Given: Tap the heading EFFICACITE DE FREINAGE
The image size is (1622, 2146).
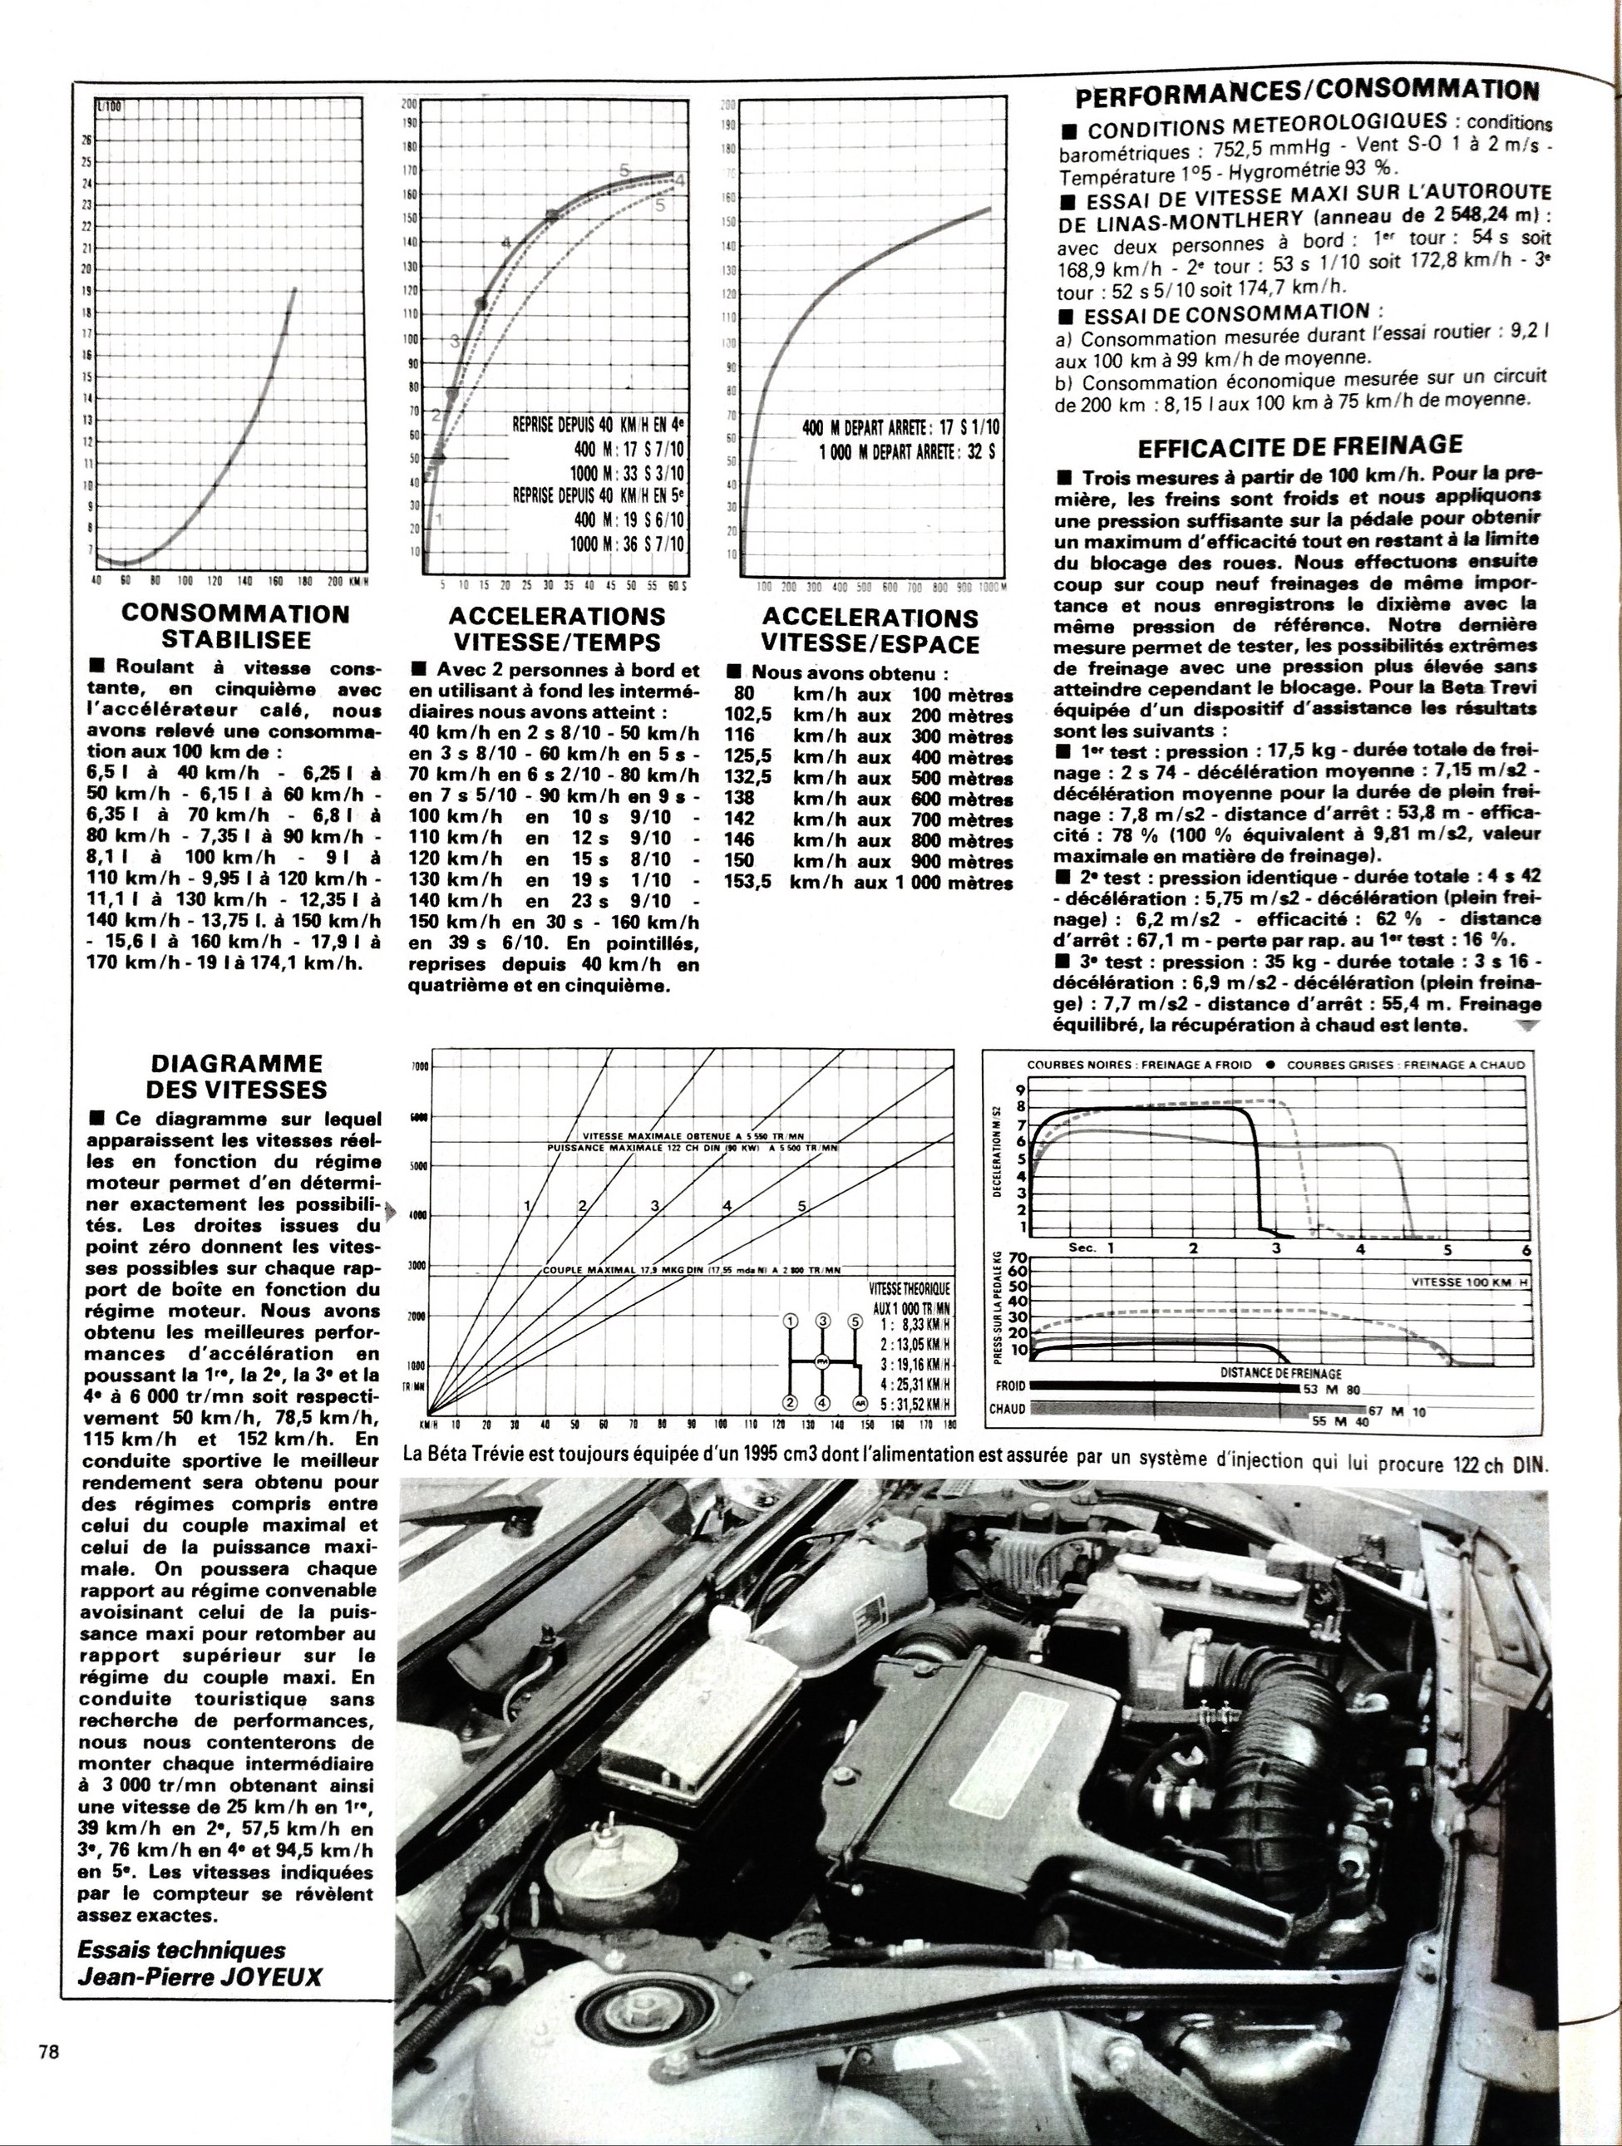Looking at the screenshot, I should click(x=1299, y=445).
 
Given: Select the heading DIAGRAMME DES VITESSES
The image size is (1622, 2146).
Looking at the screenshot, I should click(x=232, y=1076).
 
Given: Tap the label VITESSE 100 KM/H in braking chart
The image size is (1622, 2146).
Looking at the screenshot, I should click(x=1467, y=1281).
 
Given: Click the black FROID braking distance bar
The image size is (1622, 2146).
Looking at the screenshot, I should click(x=1165, y=1386).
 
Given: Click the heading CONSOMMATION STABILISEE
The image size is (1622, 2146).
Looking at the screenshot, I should click(x=236, y=626).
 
